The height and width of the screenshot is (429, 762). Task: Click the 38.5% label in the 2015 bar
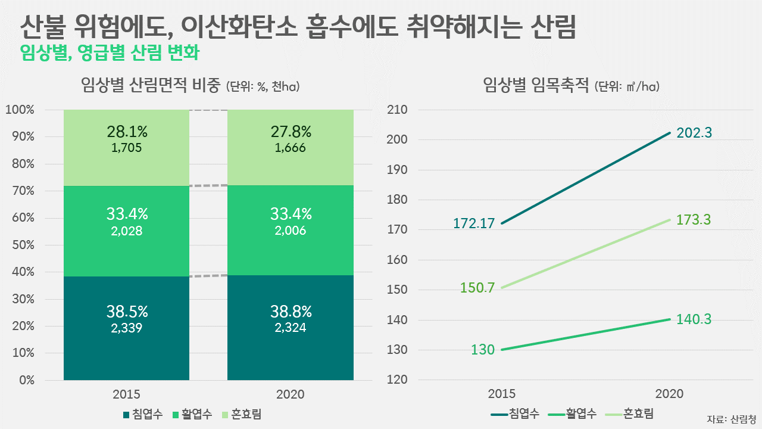[127, 311]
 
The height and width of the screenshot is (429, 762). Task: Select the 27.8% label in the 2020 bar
[291, 131]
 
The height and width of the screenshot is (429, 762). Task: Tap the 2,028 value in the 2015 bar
[127, 231]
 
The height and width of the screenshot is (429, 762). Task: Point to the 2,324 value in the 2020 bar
[291, 327]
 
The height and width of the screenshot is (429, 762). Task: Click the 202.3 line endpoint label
[694, 133]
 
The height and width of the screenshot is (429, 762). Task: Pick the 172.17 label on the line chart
[473, 224]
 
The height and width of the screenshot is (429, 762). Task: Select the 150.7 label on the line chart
[477, 288]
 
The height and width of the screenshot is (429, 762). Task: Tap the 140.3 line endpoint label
[694, 319]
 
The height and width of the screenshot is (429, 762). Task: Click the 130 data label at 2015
[483, 350]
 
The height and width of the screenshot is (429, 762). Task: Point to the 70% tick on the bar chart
[22, 191]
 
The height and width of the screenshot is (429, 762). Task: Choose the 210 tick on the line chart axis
[396, 110]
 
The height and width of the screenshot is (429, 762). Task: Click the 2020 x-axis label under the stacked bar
[291, 394]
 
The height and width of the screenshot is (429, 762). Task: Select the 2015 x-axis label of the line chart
[502, 394]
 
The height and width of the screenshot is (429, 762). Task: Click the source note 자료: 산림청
[732, 418]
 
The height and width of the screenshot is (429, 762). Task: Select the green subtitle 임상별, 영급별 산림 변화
[109, 52]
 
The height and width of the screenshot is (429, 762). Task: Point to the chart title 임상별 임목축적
[536, 86]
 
